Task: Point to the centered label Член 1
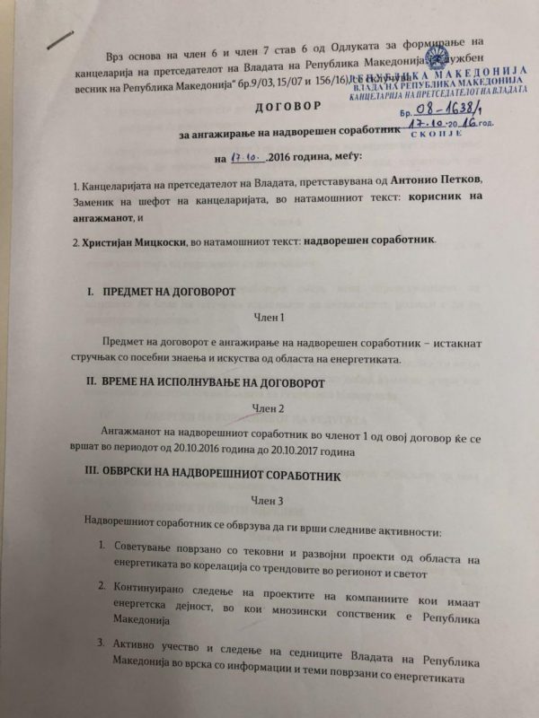(269, 318)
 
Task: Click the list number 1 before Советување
(106, 547)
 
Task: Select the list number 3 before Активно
(106, 644)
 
